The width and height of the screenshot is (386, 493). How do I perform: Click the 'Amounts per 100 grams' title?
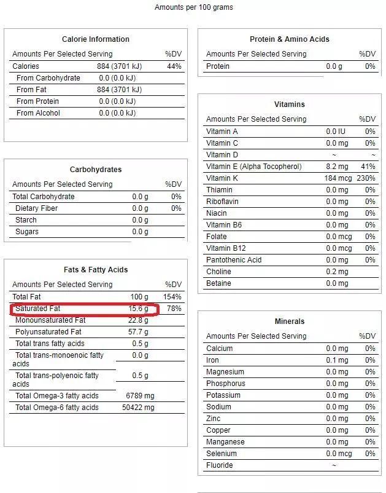pyautogui.click(x=193, y=7)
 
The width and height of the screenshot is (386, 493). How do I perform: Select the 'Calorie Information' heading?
pyautogui.click(x=96, y=39)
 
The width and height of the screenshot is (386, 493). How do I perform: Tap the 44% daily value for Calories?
pyautogui.click(x=174, y=66)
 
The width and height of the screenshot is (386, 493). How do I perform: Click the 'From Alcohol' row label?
pyautogui.click(x=38, y=113)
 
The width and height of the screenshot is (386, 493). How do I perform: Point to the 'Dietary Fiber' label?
pyautogui.click(x=36, y=208)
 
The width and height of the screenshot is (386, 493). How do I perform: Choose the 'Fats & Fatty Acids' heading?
pyautogui.click(x=96, y=270)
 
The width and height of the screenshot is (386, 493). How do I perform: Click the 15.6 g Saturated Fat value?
pyautogui.click(x=138, y=309)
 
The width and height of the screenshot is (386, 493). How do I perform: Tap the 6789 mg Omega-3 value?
pyautogui.click(x=140, y=396)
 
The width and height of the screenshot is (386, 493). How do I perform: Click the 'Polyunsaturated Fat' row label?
pyautogui.click(x=48, y=332)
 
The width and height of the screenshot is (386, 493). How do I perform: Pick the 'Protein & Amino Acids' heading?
pyautogui.click(x=290, y=39)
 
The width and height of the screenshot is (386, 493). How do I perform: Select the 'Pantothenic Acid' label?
pyautogui.click(x=234, y=260)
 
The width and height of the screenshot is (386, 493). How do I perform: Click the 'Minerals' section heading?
pyautogui.click(x=290, y=321)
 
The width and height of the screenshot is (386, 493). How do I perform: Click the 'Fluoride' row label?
pyautogui.click(x=220, y=465)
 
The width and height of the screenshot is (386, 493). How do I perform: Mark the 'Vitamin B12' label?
pyautogui.click(x=225, y=248)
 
